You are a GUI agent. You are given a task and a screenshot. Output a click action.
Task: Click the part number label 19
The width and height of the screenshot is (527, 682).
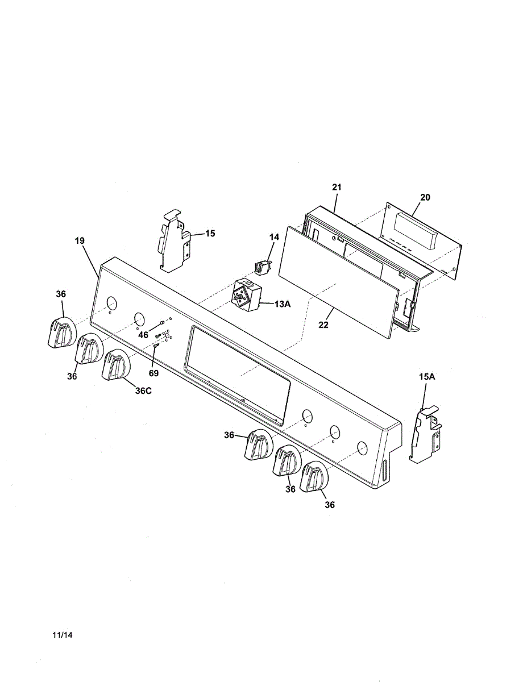click(x=79, y=241)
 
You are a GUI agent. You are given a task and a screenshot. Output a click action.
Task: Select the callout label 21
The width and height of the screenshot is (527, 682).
click(x=337, y=187)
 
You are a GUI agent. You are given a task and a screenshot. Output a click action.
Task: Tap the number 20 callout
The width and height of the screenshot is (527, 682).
click(x=425, y=198)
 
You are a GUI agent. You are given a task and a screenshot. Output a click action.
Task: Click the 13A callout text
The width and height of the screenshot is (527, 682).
click(x=283, y=304)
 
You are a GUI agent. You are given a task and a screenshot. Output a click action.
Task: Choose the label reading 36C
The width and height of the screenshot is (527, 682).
click(x=143, y=390)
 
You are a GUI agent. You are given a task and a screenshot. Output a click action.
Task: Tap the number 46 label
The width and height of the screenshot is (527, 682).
click(x=143, y=335)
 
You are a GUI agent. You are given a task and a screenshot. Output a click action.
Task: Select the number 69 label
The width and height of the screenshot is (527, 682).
click(x=153, y=373)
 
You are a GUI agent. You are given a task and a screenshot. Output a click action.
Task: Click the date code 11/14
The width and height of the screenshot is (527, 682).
click(x=62, y=635)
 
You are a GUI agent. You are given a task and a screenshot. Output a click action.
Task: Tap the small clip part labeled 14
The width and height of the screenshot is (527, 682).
click(x=262, y=265)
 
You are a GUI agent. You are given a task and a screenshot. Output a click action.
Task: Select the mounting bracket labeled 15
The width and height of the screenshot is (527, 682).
click(x=173, y=242)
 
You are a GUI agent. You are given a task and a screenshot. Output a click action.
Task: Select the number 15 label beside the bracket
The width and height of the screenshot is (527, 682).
click(x=210, y=233)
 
